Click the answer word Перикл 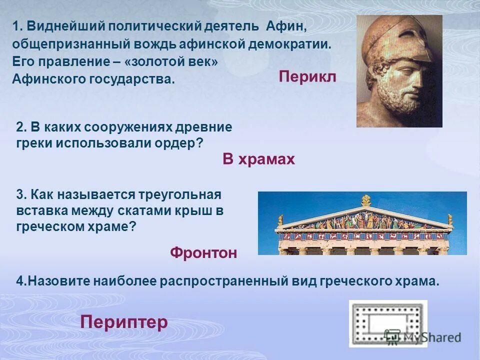(x=307, y=77)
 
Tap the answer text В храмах (x=258, y=159)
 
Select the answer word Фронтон (x=203, y=253)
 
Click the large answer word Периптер (x=123, y=322)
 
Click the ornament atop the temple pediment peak (x=365, y=200)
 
